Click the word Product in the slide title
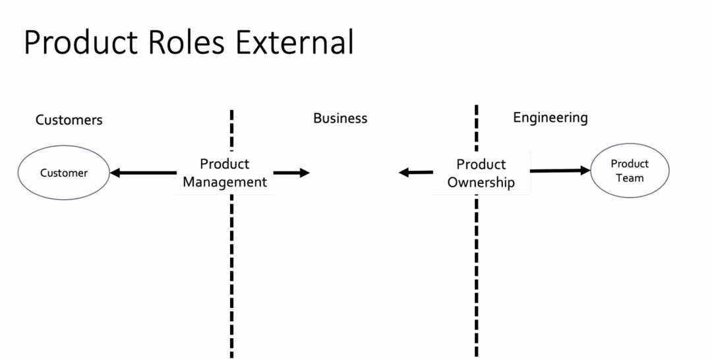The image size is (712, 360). tap(80, 42)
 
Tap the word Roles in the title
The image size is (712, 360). tap(187, 42)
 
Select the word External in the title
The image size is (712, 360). tap(295, 42)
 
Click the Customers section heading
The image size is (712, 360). tap(69, 120)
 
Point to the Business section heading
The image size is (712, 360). tap(340, 118)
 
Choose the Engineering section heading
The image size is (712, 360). tap(550, 118)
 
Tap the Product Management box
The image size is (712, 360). tap(225, 173)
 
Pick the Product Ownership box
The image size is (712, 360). tap(481, 173)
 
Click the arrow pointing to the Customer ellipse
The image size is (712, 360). tap(143, 173)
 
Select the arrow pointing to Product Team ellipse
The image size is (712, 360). tap(560, 171)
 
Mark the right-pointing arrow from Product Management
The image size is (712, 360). tap(291, 173)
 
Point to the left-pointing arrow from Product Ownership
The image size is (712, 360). tap(415, 173)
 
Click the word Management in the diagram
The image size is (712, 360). tap(225, 182)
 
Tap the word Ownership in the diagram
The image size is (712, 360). tap(481, 183)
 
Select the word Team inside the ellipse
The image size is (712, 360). tap(630, 178)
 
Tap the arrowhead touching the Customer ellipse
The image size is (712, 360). tap(115, 173)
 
